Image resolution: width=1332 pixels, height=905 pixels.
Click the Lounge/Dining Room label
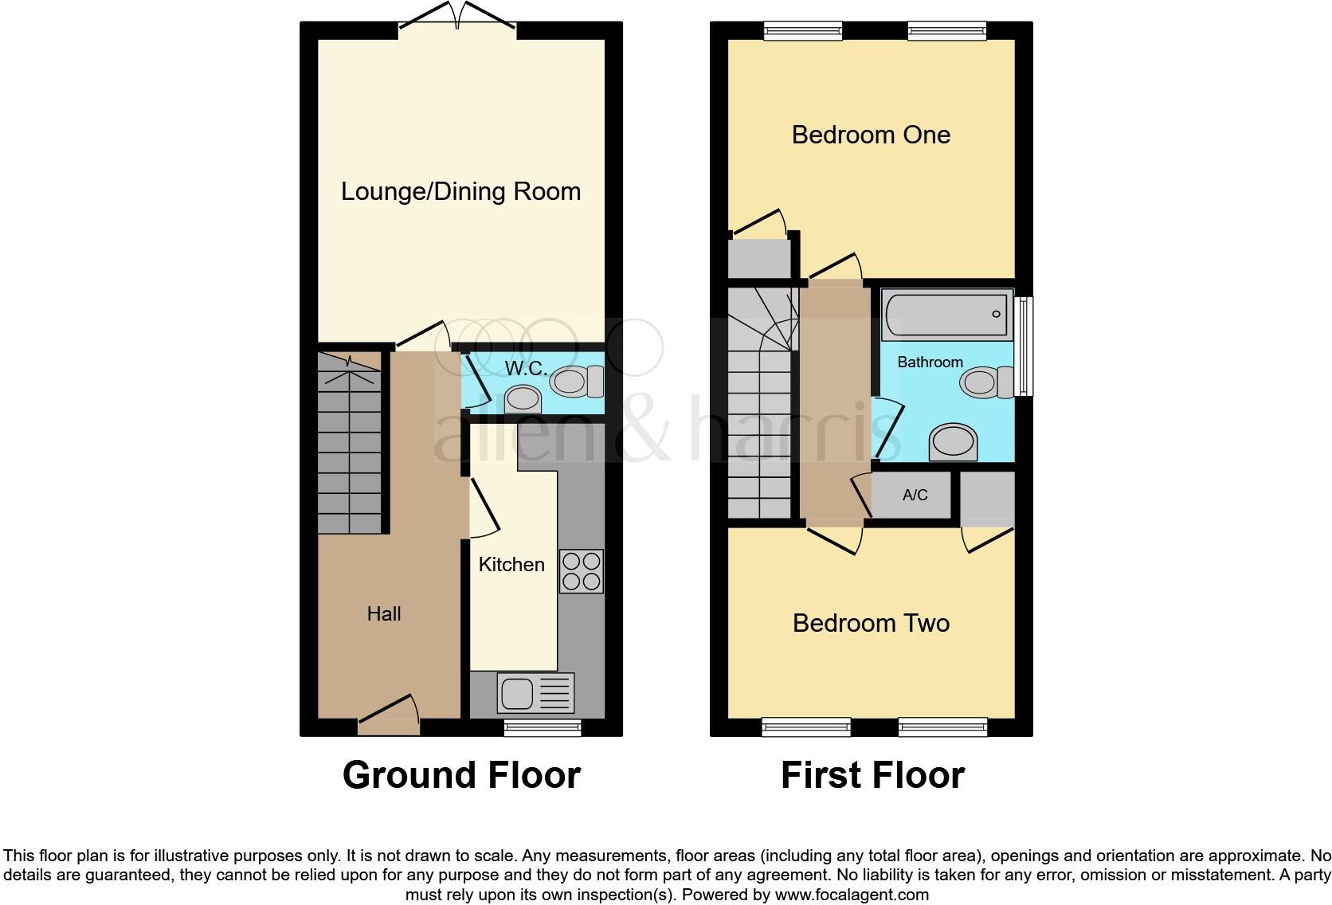(460, 192)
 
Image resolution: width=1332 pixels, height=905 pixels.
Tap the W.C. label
(526, 369)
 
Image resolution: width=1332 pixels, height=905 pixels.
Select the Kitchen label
(511, 565)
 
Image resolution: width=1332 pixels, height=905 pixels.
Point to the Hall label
(383, 613)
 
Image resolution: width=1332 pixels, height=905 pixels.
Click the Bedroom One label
(871, 135)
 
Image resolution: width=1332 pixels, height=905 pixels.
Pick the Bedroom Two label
(871, 623)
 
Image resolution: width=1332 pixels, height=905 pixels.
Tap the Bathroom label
(930, 362)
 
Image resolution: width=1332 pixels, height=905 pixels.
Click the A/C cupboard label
(915, 496)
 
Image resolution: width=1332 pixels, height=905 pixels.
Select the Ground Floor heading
(461, 775)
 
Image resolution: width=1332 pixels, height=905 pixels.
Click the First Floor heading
(872, 775)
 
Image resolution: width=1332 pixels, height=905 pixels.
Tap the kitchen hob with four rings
(581, 571)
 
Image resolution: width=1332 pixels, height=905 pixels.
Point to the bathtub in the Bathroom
(946, 315)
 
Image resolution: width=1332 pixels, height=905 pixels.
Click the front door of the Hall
(389, 717)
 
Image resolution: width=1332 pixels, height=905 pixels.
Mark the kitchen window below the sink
(543, 727)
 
